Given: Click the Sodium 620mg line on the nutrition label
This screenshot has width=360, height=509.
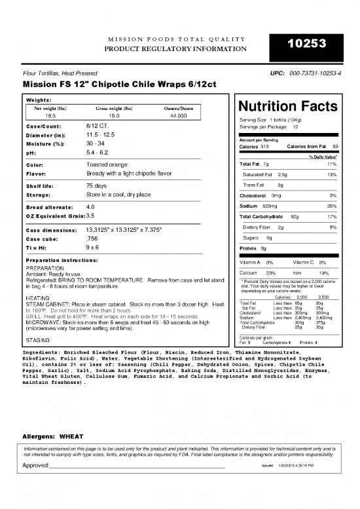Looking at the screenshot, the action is (261, 206).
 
